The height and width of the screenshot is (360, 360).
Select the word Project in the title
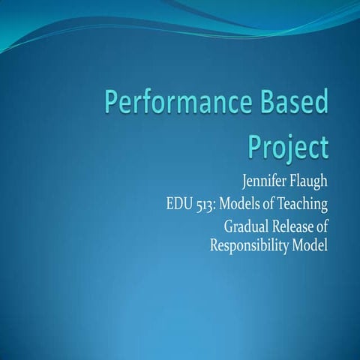[x=288, y=145]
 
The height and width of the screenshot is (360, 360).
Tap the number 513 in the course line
[x=197, y=203]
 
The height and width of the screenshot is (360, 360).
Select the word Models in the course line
[x=235, y=203]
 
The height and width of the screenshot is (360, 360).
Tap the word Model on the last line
[x=310, y=244]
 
